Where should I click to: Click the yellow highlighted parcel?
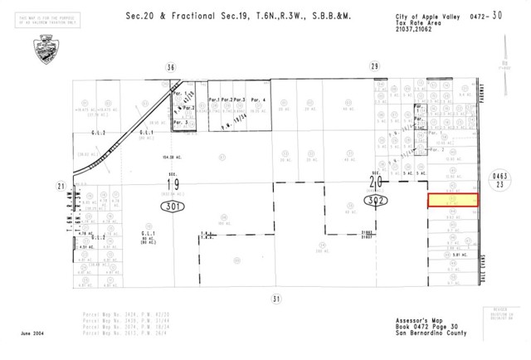click(x=453, y=201)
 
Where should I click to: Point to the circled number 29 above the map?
click(x=374, y=66)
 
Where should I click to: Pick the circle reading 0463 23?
click(x=498, y=180)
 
